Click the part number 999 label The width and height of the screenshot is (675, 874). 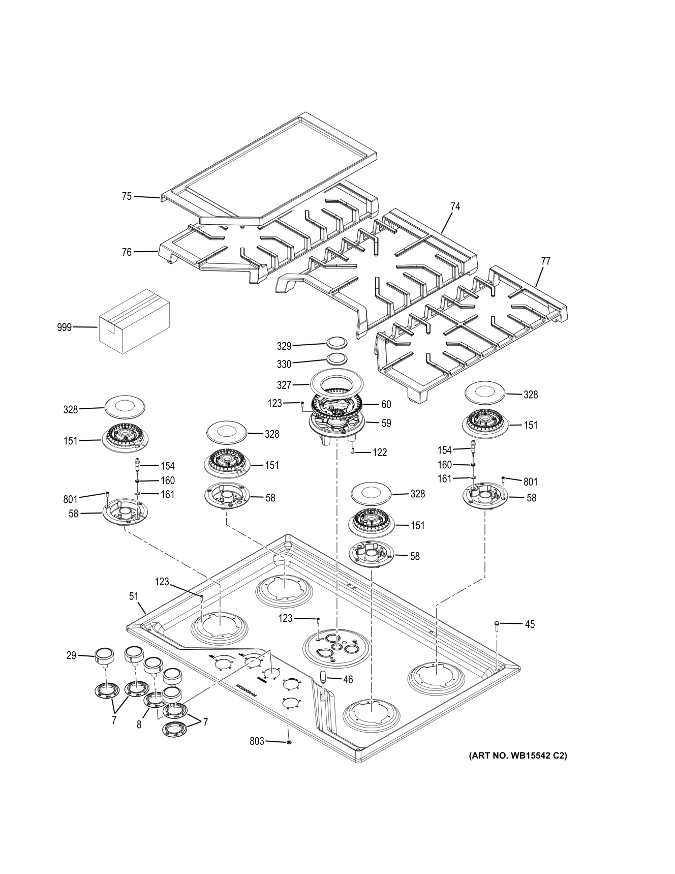tap(65, 328)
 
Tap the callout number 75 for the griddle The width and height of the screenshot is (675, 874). tap(127, 196)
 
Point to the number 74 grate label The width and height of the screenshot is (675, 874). tap(455, 206)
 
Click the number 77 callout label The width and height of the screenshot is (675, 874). tap(545, 261)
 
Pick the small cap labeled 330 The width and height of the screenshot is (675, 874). tap(335, 358)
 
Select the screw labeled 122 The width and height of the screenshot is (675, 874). tap(353, 450)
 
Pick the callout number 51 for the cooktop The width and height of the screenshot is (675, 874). tap(134, 596)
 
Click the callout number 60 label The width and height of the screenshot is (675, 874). tap(386, 404)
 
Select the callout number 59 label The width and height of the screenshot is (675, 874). tap(386, 423)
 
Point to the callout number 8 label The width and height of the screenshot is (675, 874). tap(139, 725)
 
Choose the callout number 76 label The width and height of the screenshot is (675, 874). tap(127, 252)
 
